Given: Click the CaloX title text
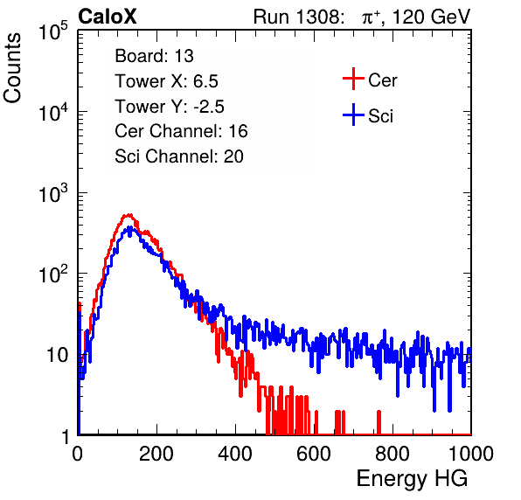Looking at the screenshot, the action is pyautogui.click(x=107, y=17).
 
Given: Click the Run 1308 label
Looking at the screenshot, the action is pyautogui.click(x=298, y=17).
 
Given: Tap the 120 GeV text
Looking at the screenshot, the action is pyautogui.click(x=431, y=17).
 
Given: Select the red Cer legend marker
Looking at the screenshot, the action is pyautogui.click(x=353, y=79).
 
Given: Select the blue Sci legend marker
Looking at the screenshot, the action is pyautogui.click(x=353, y=115).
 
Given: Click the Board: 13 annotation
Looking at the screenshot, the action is pyautogui.click(x=154, y=56).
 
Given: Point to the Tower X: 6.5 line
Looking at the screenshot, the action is pyautogui.click(x=166, y=81).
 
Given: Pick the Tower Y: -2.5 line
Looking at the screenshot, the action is pyautogui.click(x=170, y=107).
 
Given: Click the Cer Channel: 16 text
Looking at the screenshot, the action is pyautogui.click(x=181, y=131).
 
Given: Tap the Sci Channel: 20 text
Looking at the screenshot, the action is pyautogui.click(x=179, y=156).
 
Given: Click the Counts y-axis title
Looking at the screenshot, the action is pyautogui.click(x=12, y=68).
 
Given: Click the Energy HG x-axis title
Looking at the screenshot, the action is pyautogui.click(x=412, y=478).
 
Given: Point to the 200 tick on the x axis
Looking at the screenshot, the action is pyautogui.click(x=156, y=454).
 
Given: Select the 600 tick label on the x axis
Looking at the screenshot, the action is pyautogui.click(x=314, y=454).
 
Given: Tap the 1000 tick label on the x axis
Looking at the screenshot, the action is pyautogui.click(x=471, y=454).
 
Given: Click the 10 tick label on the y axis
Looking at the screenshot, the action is pyautogui.click(x=57, y=355).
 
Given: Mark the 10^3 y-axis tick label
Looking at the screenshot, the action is pyautogui.click(x=53, y=192).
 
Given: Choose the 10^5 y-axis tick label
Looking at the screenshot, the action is pyautogui.click(x=53, y=31).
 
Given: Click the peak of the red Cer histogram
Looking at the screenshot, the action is pyautogui.click(x=129, y=215).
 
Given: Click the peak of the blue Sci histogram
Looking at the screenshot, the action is pyautogui.click(x=130, y=227).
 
